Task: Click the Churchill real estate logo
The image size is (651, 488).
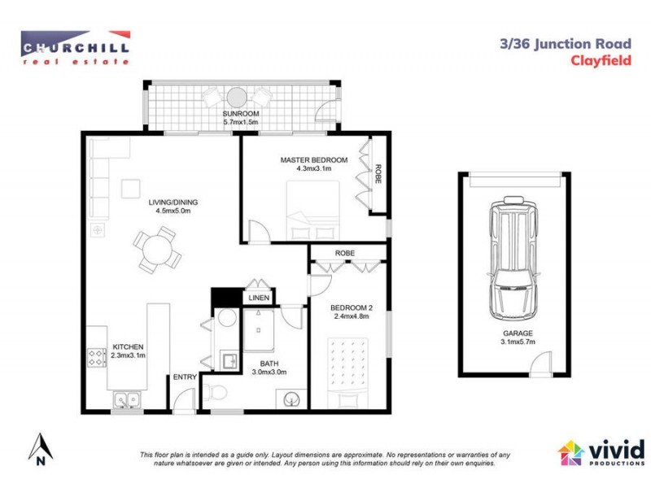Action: [76, 46]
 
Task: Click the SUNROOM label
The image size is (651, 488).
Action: [240, 115]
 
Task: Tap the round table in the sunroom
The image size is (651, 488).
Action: [237, 94]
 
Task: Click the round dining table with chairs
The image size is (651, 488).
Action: [157, 250]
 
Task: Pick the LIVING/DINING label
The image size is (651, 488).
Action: [173, 203]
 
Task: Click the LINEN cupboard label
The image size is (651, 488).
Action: [259, 298]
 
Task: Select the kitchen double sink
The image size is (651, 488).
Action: [126, 399]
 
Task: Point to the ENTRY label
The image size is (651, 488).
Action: [183, 377]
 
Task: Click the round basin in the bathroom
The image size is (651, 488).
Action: [293, 399]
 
